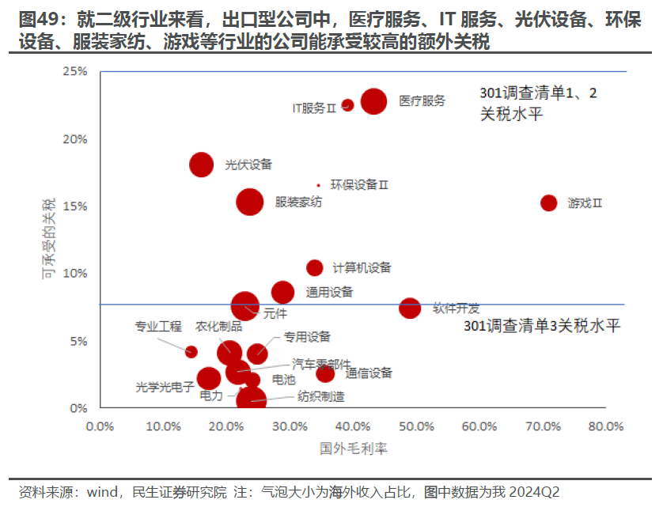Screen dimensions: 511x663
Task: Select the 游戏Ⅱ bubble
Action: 548,203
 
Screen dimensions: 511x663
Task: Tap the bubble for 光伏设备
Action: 202,165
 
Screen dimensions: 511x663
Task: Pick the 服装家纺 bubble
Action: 250,202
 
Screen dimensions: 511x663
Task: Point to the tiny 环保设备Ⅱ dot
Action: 319,185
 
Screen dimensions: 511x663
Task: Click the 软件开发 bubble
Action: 409,308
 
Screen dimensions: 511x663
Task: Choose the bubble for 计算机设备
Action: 315,268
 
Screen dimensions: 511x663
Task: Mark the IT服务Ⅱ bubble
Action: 347,105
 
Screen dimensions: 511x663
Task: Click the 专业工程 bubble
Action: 191,351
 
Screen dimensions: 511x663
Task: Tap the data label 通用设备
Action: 329,292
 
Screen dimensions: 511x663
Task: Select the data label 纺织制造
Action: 320,396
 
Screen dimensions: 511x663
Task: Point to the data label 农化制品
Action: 219,326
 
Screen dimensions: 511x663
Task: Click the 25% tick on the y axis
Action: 75,71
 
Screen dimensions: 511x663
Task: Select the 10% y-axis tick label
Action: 75,274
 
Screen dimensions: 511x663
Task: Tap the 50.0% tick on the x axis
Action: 416,426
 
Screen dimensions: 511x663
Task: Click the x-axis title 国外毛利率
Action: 354,449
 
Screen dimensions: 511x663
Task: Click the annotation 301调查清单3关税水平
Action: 542,326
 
